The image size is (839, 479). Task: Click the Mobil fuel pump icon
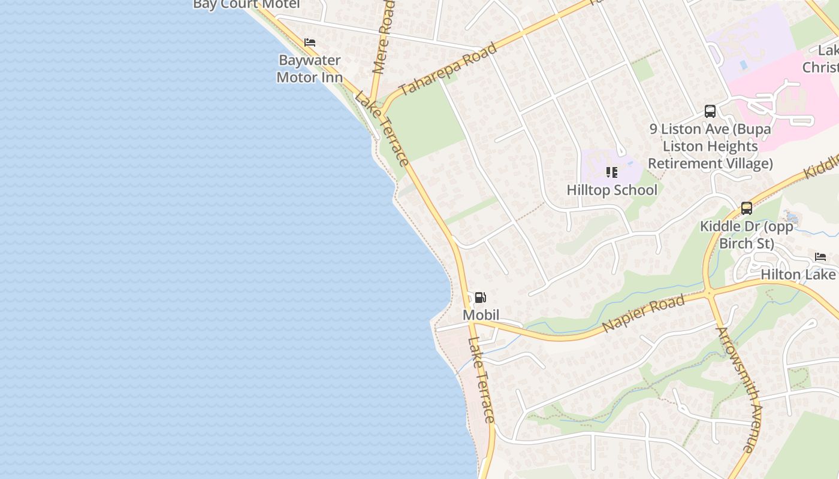coord(480,298)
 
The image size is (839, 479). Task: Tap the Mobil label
coord(481,315)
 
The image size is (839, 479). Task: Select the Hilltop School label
coord(612,190)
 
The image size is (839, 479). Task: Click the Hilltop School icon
coord(611,172)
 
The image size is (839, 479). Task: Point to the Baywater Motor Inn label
coord(310,69)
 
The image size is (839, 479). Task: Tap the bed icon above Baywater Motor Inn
coord(310,43)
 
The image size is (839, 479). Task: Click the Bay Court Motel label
coord(246,5)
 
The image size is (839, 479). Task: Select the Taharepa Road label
coord(448,69)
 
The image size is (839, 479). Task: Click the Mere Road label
coord(384,37)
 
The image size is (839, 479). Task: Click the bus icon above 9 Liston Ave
coord(710,111)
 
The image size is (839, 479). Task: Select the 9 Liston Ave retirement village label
coord(710,146)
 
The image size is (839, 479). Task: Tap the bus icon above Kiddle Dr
coord(747,208)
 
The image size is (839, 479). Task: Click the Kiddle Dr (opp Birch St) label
coord(747,235)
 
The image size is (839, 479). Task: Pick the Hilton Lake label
coord(798,274)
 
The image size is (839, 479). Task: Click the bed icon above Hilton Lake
coord(820,257)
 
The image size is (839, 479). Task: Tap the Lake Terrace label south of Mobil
coord(481,380)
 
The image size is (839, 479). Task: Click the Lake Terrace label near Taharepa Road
coord(382,128)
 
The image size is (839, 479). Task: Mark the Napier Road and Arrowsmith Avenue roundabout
coord(708,293)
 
